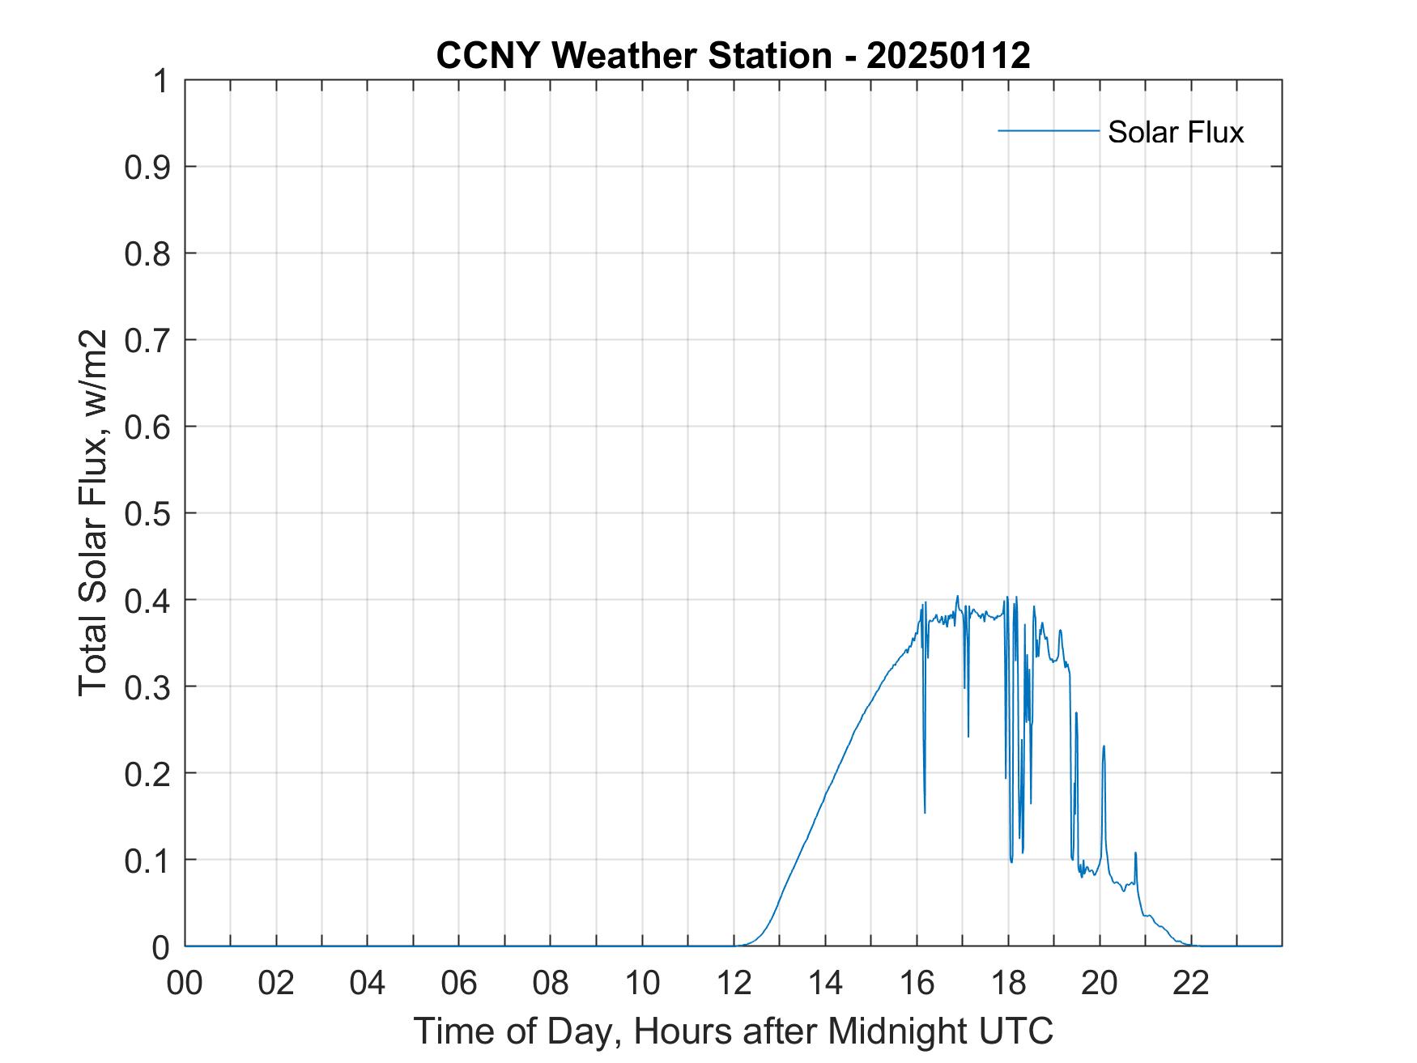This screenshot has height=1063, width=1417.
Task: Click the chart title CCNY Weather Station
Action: (x=633, y=56)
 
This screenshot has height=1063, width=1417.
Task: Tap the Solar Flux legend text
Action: (x=1175, y=131)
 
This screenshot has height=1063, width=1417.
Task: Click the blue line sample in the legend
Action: (x=1048, y=130)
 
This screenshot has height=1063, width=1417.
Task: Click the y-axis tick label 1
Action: (x=160, y=81)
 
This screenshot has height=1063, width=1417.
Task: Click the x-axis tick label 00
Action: (x=185, y=983)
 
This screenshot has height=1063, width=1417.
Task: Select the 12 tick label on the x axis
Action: (x=734, y=983)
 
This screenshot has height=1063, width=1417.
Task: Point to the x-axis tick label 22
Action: (x=1191, y=983)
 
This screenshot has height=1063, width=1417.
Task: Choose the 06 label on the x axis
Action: (x=459, y=983)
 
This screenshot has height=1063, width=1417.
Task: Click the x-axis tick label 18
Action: (x=1008, y=983)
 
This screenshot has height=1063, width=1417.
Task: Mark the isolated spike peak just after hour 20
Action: (x=1104, y=746)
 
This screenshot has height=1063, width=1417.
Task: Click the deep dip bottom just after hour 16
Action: (x=925, y=812)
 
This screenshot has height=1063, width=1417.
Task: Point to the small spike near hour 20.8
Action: (x=1135, y=853)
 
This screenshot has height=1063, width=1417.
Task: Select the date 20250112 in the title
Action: (x=948, y=56)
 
